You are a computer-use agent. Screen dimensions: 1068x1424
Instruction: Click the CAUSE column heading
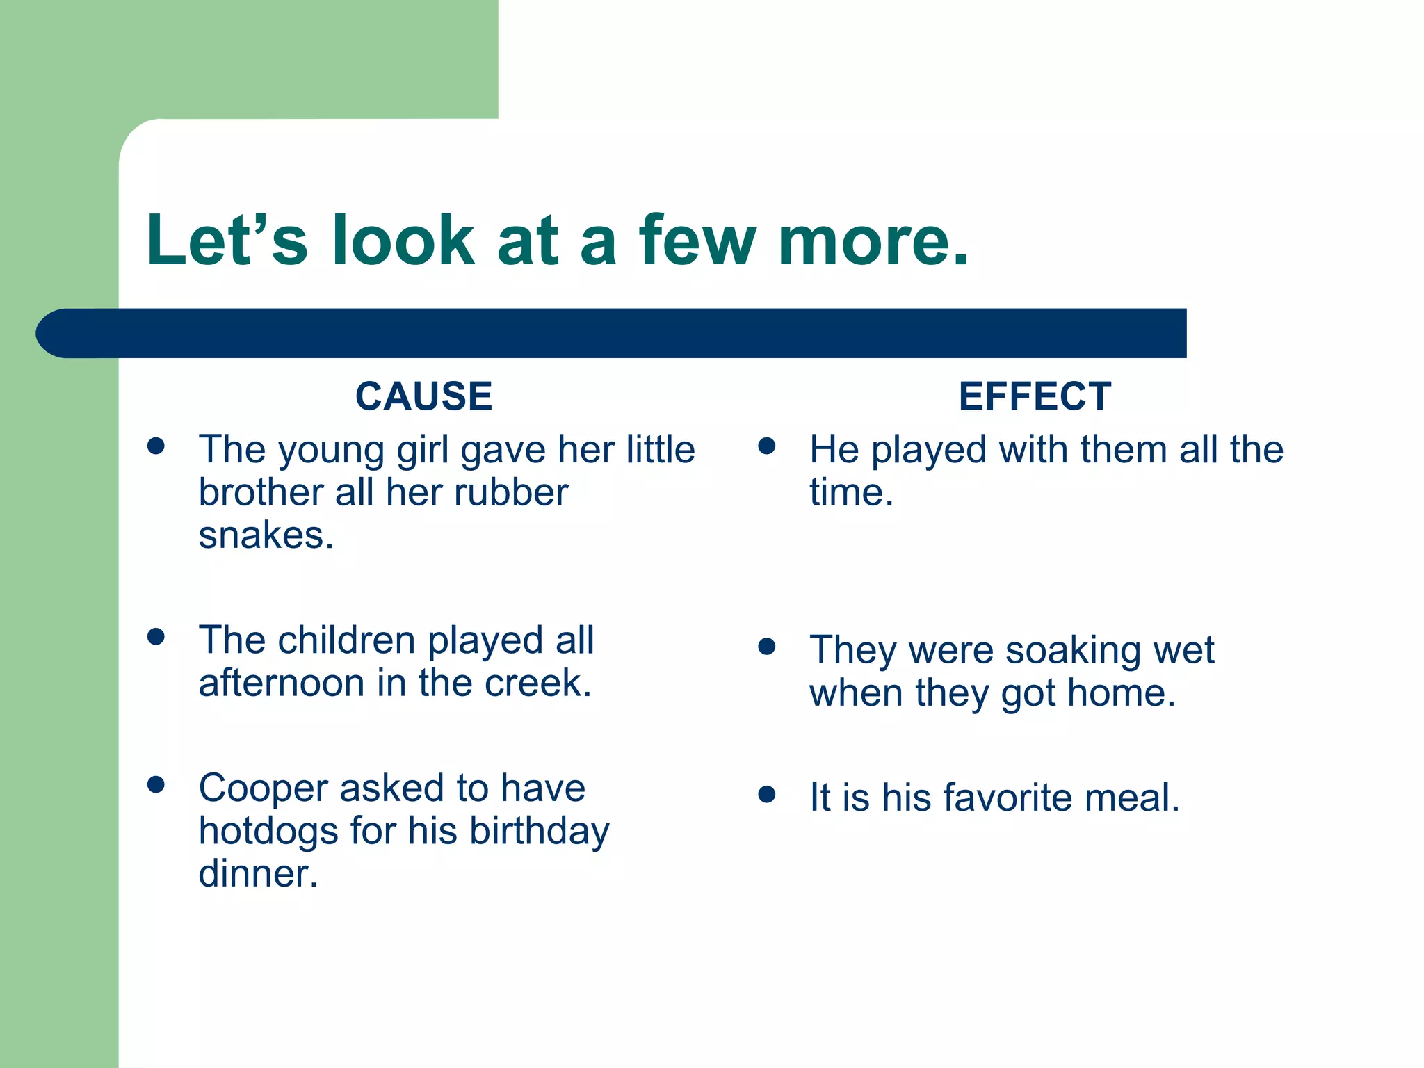click(x=423, y=396)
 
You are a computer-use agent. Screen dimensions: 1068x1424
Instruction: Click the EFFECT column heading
click(x=1035, y=396)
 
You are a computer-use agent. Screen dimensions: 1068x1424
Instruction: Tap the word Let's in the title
click(x=227, y=241)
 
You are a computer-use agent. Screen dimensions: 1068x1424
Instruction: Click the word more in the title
click(x=872, y=241)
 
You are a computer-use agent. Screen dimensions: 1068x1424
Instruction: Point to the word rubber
click(x=510, y=493)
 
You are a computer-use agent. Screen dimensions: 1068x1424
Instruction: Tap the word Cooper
click(x=263, y=788)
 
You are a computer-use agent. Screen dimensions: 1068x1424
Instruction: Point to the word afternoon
click(x=281, y=683)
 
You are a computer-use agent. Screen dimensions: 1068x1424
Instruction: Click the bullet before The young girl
click(x=156, y=446)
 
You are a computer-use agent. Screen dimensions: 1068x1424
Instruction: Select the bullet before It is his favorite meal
click(x=766, y=794)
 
